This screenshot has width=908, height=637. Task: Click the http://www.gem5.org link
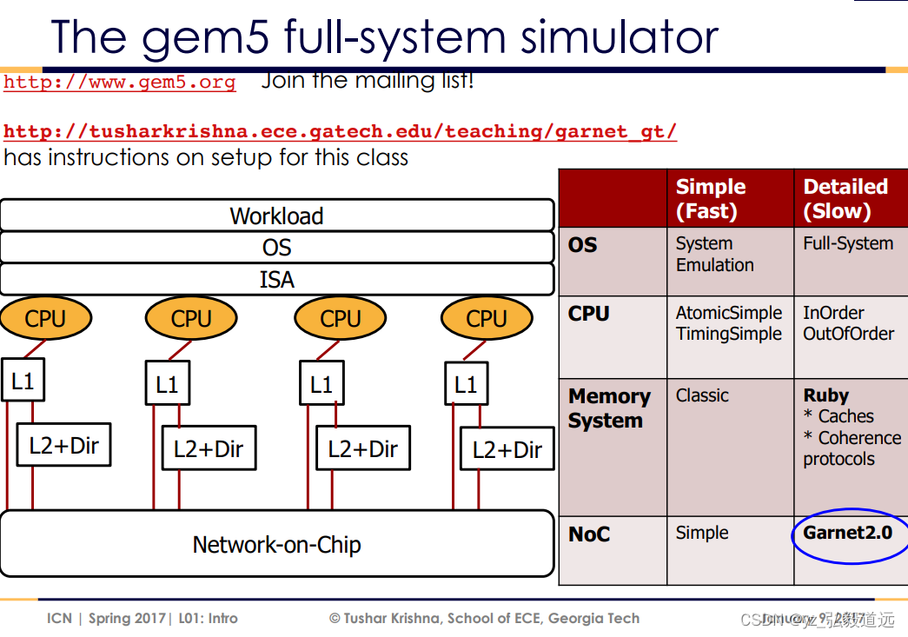119,83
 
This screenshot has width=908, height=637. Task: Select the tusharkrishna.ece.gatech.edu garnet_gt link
340,132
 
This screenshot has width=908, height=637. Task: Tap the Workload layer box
276,216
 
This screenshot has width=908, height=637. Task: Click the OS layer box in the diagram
276,248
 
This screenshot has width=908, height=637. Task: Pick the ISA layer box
276,280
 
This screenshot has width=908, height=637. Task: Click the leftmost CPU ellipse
45,319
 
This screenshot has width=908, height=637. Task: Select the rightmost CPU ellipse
487,319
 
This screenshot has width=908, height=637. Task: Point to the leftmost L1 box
23,380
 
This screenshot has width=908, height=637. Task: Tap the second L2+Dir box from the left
209,448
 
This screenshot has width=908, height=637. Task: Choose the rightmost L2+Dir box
507,449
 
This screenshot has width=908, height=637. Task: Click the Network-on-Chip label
276,545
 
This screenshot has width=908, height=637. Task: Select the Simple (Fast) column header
711,199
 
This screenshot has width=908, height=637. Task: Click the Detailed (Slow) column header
845,199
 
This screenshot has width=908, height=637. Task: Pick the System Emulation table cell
714,255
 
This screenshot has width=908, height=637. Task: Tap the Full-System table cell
847,244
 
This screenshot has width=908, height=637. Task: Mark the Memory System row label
609,408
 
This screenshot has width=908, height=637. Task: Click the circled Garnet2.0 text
847,533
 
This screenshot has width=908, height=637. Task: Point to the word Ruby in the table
825,395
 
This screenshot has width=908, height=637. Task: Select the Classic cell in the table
702,395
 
